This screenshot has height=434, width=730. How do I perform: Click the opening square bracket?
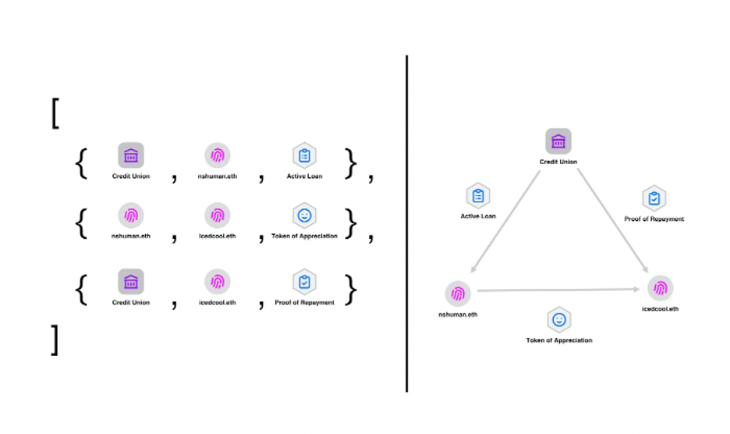click(55, 113)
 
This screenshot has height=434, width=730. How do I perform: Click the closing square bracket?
click(55, 340)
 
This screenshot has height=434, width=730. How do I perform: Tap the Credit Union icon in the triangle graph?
click(558, 141)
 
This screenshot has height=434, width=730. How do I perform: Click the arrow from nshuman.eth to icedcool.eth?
click(558, 290)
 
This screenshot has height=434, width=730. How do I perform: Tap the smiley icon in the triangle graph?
click(558, 319)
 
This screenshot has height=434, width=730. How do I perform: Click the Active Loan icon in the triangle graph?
click(478, 196)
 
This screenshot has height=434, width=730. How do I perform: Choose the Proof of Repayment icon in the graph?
click(654, 199)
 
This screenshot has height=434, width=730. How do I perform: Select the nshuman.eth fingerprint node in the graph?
click(458, 293)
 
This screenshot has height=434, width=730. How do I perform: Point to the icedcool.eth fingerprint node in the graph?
click(660, 289)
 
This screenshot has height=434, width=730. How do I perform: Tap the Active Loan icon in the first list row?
click(304, 155)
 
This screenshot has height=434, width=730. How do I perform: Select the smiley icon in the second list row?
click(304, 215)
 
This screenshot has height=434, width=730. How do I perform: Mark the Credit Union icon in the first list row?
click(130, 155)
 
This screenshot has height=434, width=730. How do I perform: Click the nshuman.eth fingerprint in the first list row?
click(217, 155)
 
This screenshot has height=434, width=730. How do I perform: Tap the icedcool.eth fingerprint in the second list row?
click(217, 215)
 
